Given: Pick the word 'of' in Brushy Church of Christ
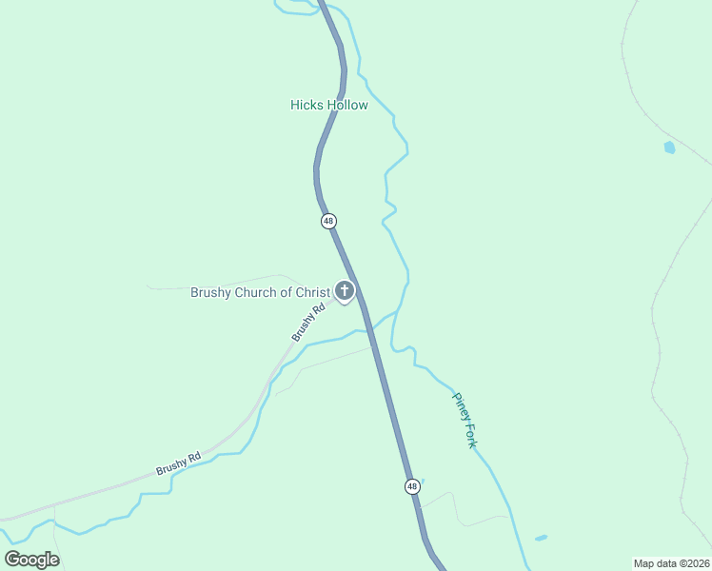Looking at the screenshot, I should pyautogui.click(x=286, y=292).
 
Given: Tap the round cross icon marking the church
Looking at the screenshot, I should pyautogui.click(x=345, y=290).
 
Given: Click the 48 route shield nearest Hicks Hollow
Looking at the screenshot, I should pyautogui.click(x=328, y=221).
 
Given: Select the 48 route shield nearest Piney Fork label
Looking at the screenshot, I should pyautogui.click(x=411, y=486).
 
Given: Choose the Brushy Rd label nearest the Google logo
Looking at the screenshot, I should pyautogui.click(x=179, y=463).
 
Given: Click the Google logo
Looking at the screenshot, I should pyautogui.click(x=31, y=560).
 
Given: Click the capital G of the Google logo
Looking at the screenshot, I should pyautogui.click(x=12, y=559).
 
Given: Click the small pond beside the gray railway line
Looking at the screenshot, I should pyautogui.click(x=669, y=148).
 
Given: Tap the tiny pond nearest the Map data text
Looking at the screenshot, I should pyautogui.click(x=541, y=539).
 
